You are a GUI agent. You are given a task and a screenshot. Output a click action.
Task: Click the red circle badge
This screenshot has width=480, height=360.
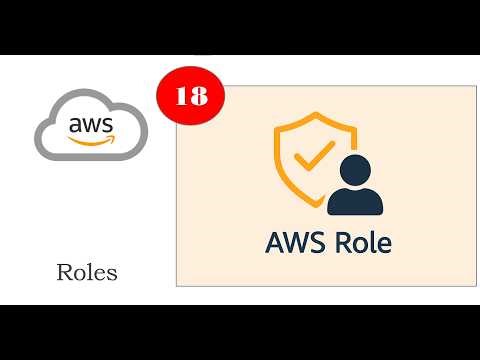(x=191, y=96)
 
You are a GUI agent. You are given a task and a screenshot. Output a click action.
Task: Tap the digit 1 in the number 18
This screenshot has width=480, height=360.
(x=182, y=96)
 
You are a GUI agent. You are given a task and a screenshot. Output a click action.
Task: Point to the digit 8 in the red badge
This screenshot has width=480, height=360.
(x=198, y=96)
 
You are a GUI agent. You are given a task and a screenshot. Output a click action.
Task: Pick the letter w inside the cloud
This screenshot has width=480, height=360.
(x=91, y=125)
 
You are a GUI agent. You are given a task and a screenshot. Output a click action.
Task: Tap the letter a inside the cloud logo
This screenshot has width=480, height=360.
(x=75, y=125)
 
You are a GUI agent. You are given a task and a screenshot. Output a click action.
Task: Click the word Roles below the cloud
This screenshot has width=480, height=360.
(x=87, y=272)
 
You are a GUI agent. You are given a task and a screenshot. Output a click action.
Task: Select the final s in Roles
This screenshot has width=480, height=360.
(x=112, y=273)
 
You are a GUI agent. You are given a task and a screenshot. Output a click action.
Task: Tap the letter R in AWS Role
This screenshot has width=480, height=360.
(x=341, y=242)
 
